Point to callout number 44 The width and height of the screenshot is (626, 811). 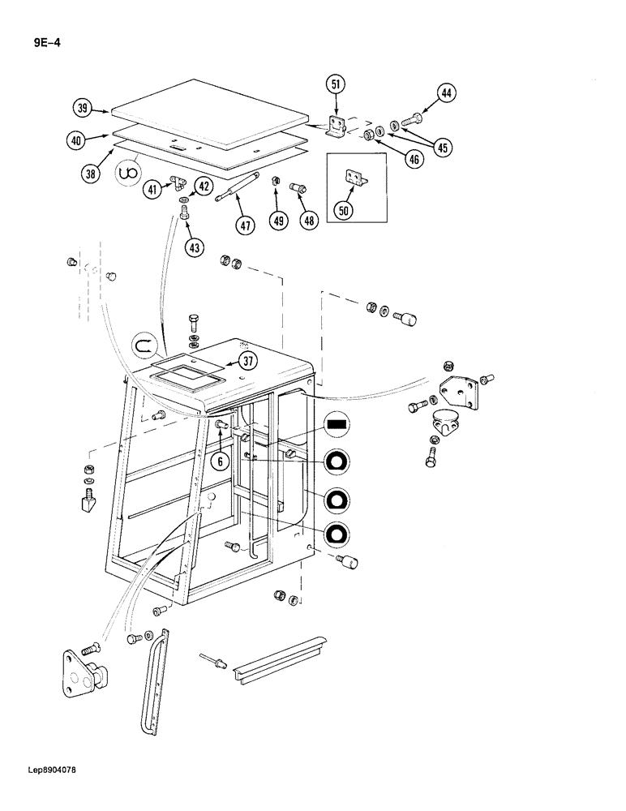coord(445,95)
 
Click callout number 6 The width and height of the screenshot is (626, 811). coord(219,460)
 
